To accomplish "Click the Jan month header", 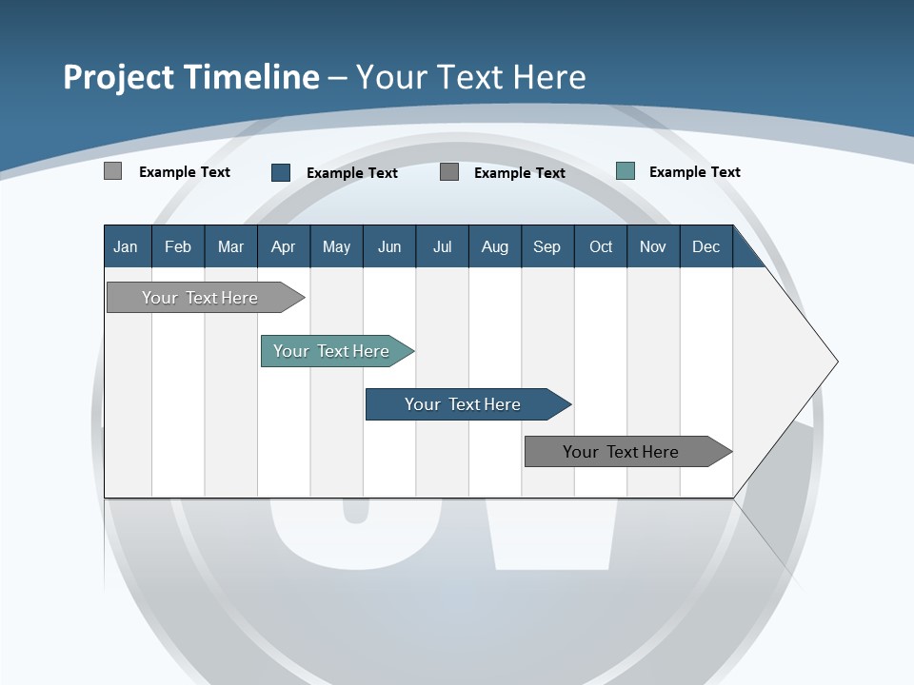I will (126, 246).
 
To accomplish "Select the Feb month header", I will (178, 246).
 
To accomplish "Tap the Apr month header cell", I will (283, 246).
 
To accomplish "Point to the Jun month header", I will (389, 246).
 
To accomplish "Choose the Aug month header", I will (494, 246).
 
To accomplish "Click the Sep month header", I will (546, 246).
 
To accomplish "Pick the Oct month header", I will (601, 246).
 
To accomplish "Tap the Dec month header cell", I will (705, 246).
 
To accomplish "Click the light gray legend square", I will (112, 171).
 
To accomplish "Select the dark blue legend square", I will (280, 172).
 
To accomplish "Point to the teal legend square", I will (625, 171).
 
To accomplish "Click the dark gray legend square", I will (449, 171).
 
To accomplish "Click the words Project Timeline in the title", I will (191, 76).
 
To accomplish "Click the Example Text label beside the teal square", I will (694, 171).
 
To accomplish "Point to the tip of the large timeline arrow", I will (835, 362).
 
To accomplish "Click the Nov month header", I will (653, 246).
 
